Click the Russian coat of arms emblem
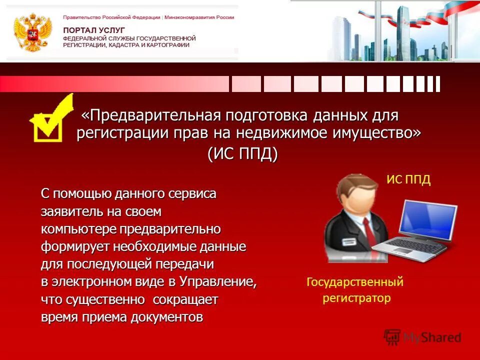[33, 32]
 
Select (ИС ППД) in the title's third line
[242, 153]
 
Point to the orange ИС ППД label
[408, 180]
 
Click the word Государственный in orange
[354, 282]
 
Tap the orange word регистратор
[356, 298]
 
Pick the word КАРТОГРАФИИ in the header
[168, 45]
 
